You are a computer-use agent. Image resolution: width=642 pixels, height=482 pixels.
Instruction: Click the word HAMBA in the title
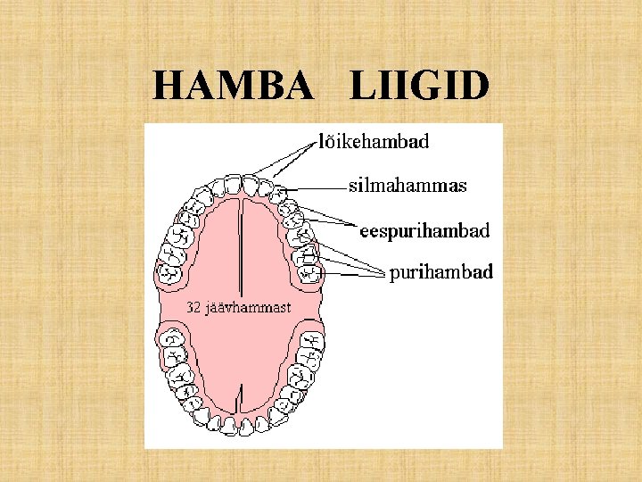[x=234, y=87]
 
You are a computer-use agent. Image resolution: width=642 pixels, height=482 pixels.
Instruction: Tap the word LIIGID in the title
[x=419, y=87]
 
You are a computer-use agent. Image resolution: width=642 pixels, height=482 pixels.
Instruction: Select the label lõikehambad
[x=374, y=141]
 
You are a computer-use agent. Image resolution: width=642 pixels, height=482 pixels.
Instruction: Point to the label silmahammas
[x=407, y=187]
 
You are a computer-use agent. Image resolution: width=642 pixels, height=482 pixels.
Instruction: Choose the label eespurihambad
[x=424, y=231]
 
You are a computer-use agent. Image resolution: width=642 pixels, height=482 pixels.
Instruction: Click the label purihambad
[x=440, y=272]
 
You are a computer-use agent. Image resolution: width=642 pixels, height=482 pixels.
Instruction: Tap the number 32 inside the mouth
[x=195, y=308]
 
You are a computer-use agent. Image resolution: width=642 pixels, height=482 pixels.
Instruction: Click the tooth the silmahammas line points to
[x=279, y=193]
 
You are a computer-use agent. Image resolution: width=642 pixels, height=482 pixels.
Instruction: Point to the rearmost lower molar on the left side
[x=169, y=340]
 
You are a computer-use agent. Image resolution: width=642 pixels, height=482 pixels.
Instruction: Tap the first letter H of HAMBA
[x=168, y=87]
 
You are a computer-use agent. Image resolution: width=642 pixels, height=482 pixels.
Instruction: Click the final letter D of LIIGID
[x=474, y=87]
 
